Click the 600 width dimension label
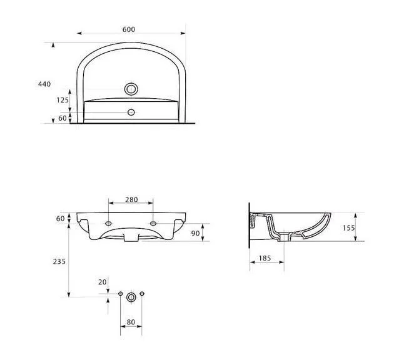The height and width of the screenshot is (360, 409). click(x=129, y=29)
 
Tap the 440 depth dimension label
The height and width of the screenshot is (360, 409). click(x=44, y=84)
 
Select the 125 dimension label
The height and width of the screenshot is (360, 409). click(x=63, y=100)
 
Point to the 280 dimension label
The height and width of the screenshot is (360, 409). click(x=131, y=199)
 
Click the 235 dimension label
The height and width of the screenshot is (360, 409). click(x=59, y=261)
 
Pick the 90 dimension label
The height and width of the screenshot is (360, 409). click(x=195, y=233)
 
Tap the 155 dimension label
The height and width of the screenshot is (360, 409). click(x=349, y=228)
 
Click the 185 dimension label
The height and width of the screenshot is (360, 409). click(x=265, y=258)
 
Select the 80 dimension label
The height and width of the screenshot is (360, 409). click(x=131, y=322)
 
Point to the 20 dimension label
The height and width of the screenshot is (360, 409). click(x=103, y=282)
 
